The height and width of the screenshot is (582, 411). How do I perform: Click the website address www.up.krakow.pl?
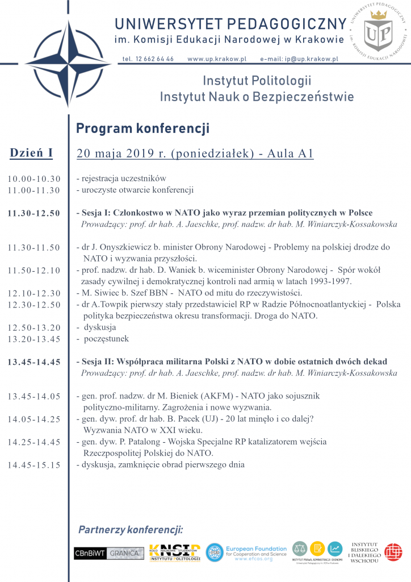coord(217,59)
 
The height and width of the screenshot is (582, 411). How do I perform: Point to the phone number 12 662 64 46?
coord(148,59)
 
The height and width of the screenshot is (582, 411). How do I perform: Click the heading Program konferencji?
coord(142,128)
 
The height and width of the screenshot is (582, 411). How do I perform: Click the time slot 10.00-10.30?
coord(34,179)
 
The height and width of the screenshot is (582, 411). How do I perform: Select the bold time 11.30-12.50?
coord(34,213)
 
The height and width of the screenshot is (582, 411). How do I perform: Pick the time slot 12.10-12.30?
coord(34,293)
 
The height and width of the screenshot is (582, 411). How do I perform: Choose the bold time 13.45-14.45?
coord(34,362)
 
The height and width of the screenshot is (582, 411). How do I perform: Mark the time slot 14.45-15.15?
coord(34,465)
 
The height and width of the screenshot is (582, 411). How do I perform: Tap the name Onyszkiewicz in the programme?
coord(123,247)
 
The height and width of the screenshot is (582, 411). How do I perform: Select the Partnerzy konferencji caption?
coord(131,530)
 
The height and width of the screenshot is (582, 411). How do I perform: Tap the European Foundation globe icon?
coord(214,552)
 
